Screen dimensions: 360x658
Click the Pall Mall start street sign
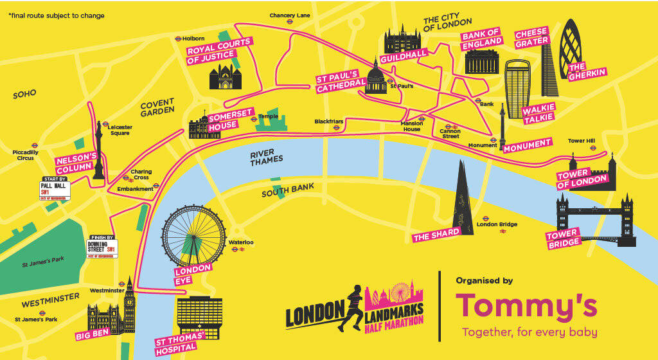point(53,189)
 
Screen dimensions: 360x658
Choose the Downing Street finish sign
point(102,248)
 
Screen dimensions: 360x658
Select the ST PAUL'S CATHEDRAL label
point(341,82)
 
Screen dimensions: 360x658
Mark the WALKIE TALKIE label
point(538,114)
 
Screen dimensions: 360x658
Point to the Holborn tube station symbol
point(178,39)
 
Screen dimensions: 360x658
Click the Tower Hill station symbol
point(593,148)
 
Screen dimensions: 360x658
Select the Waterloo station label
point(241,242)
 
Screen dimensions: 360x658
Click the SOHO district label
point(25,94)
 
